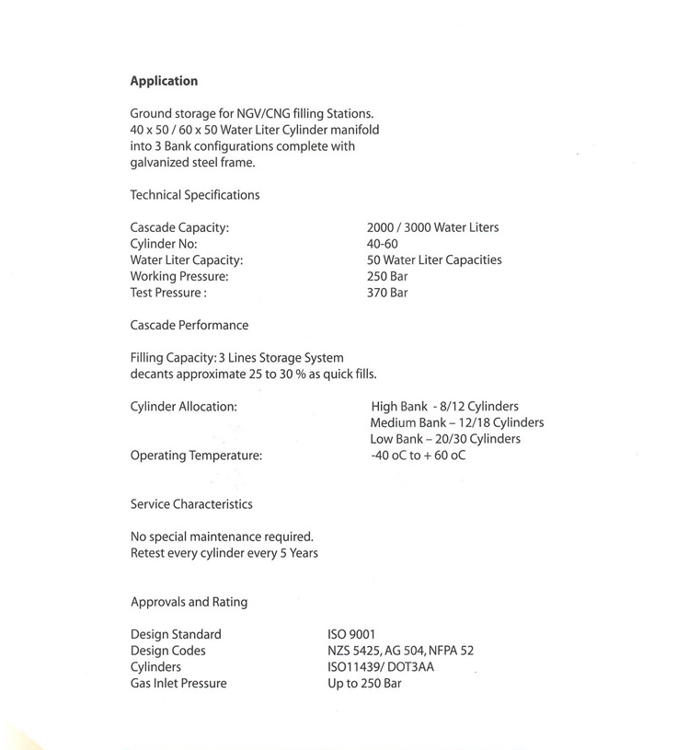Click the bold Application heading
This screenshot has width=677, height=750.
pos(164,81)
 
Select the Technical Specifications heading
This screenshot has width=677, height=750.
pos(195,195)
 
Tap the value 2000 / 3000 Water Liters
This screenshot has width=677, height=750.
pos(432,227)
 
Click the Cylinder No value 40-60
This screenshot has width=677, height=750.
pos(382,244)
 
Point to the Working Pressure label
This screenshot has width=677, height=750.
pos(179,276)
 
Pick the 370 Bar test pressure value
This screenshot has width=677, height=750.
pos(387,293)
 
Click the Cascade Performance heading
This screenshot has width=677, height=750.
pos(189,325)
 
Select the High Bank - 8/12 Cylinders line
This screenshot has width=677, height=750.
pos(445,406)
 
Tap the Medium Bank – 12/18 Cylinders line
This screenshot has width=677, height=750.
pos(456,422)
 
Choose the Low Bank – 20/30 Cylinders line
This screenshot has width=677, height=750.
pos(445,439)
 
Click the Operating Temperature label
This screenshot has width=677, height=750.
pos(196,456)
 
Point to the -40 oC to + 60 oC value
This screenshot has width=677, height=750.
pos(418,456)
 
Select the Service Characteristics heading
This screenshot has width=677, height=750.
pos(191,504)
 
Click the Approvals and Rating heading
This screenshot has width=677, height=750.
pos(189,602)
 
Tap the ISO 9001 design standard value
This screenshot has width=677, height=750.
pos(351,634)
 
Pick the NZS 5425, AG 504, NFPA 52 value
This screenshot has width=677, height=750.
pos(400,651)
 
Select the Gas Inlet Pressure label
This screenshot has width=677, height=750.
pos(178,684)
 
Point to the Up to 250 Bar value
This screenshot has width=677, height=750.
pos(364,684)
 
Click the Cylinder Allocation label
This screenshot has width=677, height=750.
pos(184,406)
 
